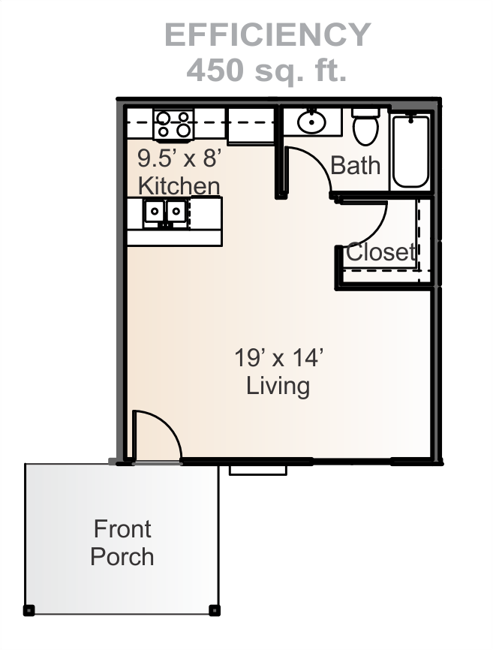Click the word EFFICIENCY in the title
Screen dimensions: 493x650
[x=268, y=35]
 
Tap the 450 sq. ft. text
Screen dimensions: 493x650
[x=266, y=70]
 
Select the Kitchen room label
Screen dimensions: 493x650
[x=179, y=185]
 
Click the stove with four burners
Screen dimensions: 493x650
[x=173, y=125]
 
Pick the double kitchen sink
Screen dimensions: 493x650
[x=165, y=212]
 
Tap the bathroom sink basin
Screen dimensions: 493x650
[x=311, y=122]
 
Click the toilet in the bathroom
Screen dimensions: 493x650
[x=366, y=126]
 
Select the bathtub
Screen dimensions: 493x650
[x=410, y=152]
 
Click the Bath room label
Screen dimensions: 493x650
[x=356, y=165]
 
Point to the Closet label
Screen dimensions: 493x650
[x=380, y=251]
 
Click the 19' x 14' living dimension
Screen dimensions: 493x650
[x=278, y=358]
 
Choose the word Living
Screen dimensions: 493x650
[x=278, y=386]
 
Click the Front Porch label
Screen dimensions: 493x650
[x=122, y=543]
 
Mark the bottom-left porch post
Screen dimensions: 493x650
[x=29, y=610]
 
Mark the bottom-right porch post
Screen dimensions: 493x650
[x=214, y=610]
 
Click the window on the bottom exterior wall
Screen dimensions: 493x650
[x=258, y=470]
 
